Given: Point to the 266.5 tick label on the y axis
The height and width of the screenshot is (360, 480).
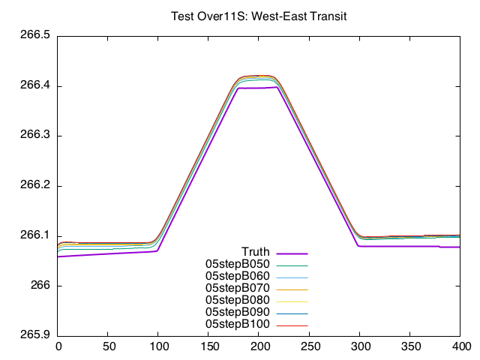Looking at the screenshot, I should (x=35, y=36).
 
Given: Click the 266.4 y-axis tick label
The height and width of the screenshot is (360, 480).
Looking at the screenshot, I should (x=35, y=86).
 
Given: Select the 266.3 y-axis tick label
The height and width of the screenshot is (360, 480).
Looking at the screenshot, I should (x=35, y=136).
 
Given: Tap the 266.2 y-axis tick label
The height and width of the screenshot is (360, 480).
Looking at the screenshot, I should (x=35, y=186).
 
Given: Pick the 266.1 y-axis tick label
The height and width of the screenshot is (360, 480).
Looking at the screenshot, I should (x=35, y=235).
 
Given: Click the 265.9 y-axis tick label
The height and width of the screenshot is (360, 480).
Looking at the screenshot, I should (x=35, y=335).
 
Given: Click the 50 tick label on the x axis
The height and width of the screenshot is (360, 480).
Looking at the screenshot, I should (x=108, y=346).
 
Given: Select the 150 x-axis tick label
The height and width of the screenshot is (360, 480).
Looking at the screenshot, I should (x=208, y=346).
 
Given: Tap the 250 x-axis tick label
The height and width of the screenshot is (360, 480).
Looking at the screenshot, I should (x=309, y=346).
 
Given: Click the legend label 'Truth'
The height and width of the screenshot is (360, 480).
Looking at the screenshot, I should (x=255, y=251).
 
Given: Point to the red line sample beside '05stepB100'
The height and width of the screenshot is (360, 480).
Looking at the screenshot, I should (x=292, y=325).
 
